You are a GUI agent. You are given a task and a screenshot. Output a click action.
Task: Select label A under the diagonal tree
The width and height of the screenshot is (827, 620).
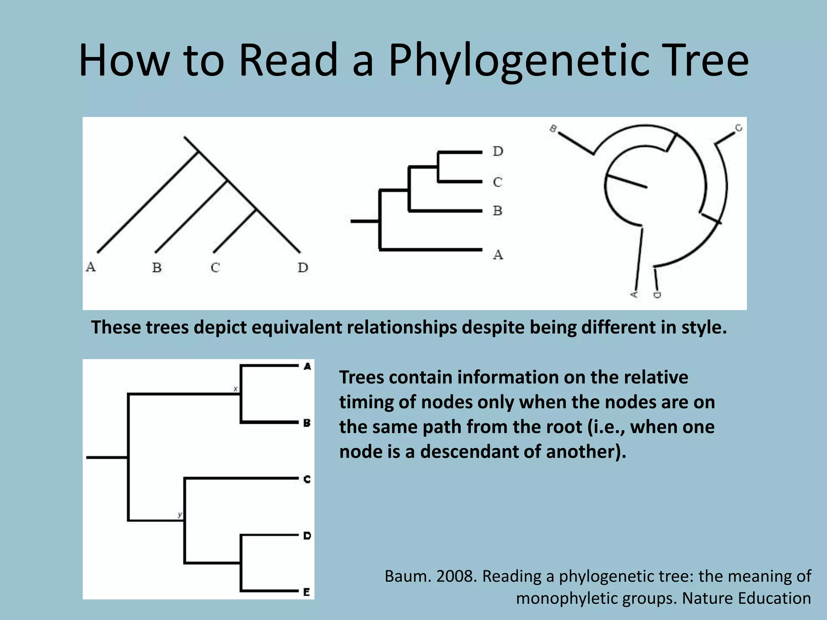(91, 267)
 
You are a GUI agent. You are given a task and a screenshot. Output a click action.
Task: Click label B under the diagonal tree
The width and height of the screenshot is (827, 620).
(157, 267)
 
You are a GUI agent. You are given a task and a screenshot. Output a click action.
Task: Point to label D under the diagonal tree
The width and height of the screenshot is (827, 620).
(303, 267)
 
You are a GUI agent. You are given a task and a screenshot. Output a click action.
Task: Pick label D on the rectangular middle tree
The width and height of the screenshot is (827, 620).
(498, 151)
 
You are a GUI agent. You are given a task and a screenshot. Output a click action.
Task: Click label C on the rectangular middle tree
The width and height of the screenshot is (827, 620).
(497, 182)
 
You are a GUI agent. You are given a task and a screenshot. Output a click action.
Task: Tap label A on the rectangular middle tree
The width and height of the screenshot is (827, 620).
(498, 255)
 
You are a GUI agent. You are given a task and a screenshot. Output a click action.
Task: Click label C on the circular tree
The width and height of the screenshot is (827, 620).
(739, 128)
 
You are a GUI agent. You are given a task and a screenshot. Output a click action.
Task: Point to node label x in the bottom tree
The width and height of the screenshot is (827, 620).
(236, 389)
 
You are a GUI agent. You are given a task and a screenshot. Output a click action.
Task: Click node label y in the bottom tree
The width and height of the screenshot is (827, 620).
(180, 514)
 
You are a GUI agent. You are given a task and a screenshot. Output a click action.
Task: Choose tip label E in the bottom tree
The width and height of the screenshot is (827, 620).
(307, 592)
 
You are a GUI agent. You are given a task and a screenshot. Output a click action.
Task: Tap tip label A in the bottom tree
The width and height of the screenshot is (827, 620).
(307, 367)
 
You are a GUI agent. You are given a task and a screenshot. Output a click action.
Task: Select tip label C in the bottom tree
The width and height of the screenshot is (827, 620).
(307, 479)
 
